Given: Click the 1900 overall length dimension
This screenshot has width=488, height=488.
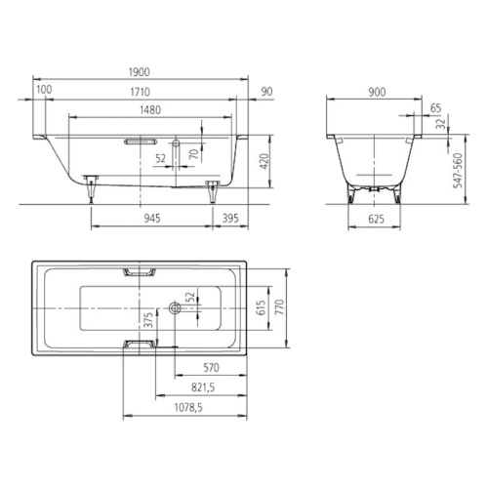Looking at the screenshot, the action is tap(140, 72).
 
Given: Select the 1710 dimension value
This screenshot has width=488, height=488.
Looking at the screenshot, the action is tap(141, 92).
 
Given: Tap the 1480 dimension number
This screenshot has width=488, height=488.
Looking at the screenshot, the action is tap(150, 110).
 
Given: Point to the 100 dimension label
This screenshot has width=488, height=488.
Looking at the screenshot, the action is tap(44, 90).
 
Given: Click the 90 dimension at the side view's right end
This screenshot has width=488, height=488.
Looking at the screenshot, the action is tap(266, 92).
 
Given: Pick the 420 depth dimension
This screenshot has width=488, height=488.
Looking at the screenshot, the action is tap(264, 161).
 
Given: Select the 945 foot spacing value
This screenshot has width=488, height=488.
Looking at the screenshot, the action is tap(152, 218).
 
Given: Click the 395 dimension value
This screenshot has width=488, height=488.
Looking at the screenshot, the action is tap(230, 218).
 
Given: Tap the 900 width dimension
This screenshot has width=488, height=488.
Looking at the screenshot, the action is tap(377, 93).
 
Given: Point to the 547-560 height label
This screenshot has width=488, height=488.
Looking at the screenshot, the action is tap(458, 171).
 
